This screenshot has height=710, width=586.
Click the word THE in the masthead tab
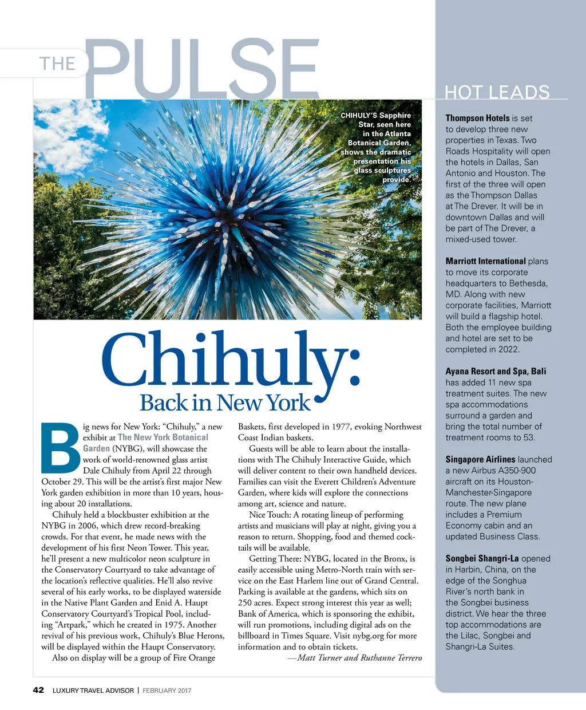pos(57,63)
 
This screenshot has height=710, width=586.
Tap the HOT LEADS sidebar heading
pos(497,92)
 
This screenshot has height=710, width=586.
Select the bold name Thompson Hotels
pos(477,118)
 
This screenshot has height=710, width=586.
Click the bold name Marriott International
pos(485,261)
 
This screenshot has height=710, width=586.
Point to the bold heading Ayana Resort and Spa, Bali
pos(496,371)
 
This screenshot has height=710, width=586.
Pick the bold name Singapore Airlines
pos(480,459)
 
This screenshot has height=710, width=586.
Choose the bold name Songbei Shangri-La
pos(482,558)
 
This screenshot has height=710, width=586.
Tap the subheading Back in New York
pos(225,403)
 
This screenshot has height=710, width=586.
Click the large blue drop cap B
pos(61,448)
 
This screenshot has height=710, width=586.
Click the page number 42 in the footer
pos(38,690)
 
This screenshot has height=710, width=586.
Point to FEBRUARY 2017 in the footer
pos(167,691)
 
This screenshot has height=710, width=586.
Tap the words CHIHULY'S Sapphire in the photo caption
pos(375,115)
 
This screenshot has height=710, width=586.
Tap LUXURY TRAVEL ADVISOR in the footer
pos(93,691)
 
